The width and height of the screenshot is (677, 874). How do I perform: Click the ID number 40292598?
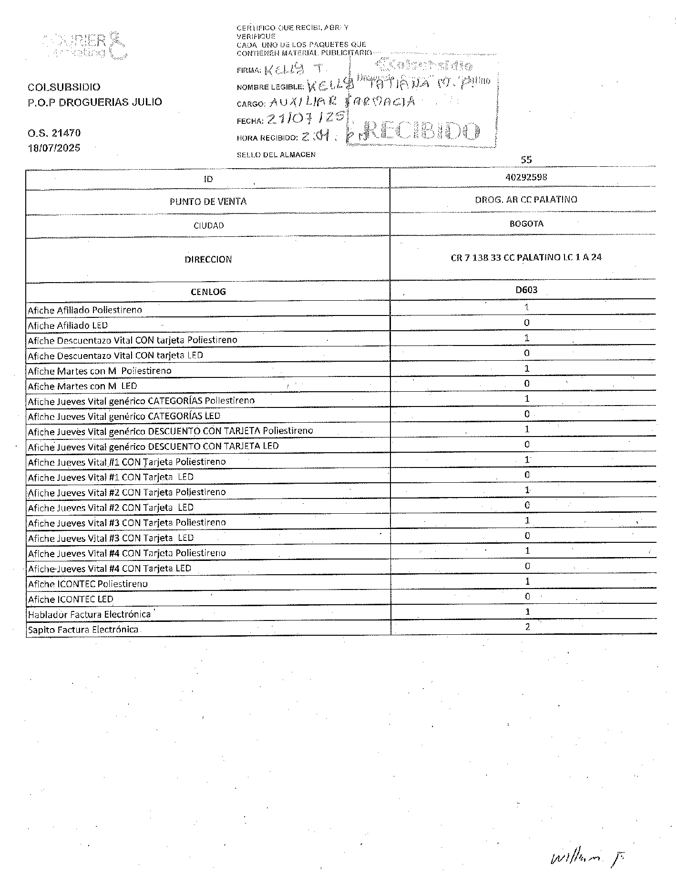pos(526,177)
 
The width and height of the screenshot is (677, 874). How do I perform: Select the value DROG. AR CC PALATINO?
pos(526,200)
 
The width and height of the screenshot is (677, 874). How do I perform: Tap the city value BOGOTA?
pos(526,224)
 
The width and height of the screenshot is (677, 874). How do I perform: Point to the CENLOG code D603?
pos(526,290)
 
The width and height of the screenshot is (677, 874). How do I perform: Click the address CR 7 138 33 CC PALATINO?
pos(526,258)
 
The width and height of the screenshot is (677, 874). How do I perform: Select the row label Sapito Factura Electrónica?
pos(83,630)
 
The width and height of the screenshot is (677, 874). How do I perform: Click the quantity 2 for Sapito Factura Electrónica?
pos(527,627)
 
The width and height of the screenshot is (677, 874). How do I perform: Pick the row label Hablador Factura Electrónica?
pos(89,614)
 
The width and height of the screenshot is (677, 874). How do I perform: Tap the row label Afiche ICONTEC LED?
pos(71,599)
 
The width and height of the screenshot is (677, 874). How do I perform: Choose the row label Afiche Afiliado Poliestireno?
pos(85,310)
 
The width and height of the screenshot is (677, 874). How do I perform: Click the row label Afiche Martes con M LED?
pos(82,386)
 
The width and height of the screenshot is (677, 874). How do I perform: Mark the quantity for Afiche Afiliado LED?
pos(527,323)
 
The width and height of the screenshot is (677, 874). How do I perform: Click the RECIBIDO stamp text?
pos(421,131)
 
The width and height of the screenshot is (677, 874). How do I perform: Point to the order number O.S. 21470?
pos(54,133)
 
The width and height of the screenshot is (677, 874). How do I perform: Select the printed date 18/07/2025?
pos(54,148)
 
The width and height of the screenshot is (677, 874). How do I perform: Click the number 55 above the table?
pos(526,160)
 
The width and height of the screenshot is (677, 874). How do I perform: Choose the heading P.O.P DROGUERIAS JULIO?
pos(95,102)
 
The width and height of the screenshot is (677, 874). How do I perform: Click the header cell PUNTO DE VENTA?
pos(208,202)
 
